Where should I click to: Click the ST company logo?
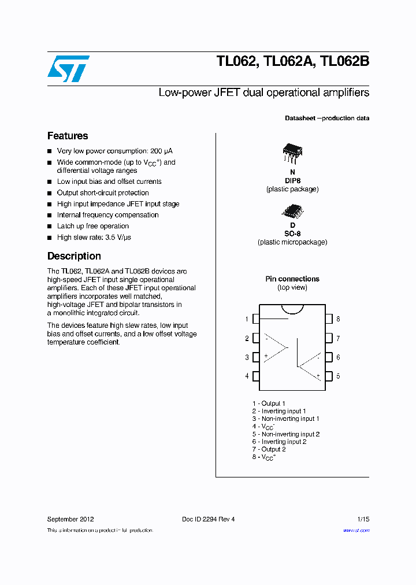click(x=68, y=69)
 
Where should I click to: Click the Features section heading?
click(x=68, y=136)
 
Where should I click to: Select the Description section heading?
click(x=74, y=256)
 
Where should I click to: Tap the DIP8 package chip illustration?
click(x=292, y=152)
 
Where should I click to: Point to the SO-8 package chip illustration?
click(x=292, y=211)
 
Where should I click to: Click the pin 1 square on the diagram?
click(x=255, y=319)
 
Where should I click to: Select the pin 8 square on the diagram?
click(x=329, y=319)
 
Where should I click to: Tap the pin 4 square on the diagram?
click(x=255, y=376)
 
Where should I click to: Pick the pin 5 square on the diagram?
click(x=329, y=376)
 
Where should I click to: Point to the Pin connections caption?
click(x=292, y=279)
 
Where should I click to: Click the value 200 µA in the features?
click(x=161, y=151)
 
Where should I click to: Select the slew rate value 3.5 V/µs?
click(x=124, y=237)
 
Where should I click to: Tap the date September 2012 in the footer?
click(x=70, y=519)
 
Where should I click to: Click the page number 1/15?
click(x=363, y=519)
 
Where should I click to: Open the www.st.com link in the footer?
click(x=356, y=530)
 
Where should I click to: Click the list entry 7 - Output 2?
click(x=269, y=449)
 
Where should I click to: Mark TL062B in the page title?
click(x=344, y=61)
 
